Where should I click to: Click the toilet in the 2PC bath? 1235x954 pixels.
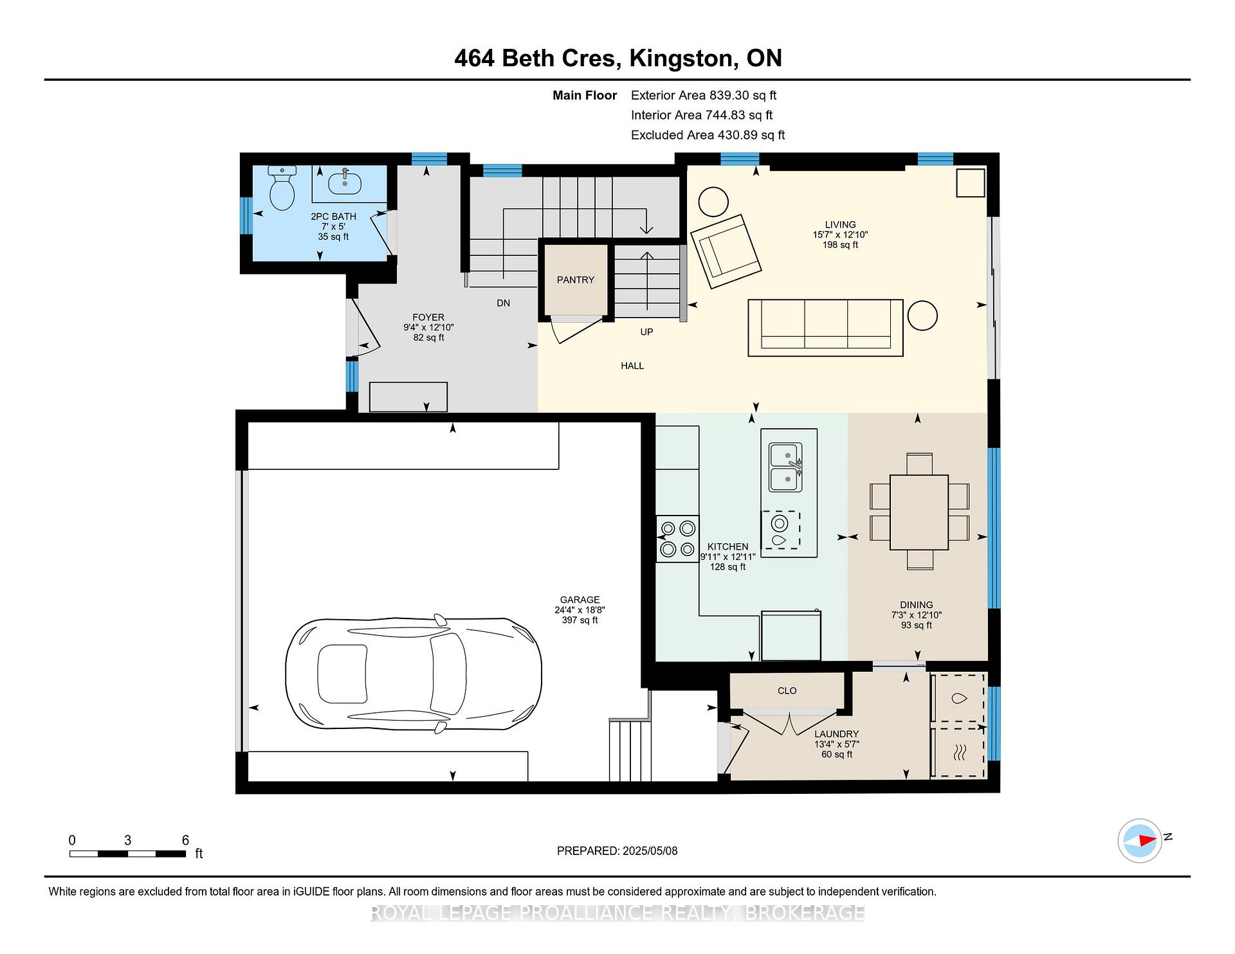[x=282, y=188]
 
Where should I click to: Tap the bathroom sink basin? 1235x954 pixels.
[x=345, y=183]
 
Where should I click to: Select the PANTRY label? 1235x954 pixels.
[x=576, y=280]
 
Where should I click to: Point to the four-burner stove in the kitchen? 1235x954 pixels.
[x=678, y=539]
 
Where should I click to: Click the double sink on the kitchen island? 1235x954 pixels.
[x=785, y=467]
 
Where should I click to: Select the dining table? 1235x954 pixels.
[x=919, y=512]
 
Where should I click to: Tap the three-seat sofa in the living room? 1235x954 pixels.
[x=826, y=327]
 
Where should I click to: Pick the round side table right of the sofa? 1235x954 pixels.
[x=922, y=316]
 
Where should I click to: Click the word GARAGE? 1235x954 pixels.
[x=580, y=600]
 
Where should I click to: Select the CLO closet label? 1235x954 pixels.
[x=787, y=690]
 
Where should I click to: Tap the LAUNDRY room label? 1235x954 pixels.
[x=837, y=734]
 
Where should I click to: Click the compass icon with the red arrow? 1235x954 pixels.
[x=1140, y=840]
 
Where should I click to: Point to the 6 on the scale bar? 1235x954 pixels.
[x=185, y=840]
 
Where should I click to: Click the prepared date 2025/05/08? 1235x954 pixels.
[x=650, y=851]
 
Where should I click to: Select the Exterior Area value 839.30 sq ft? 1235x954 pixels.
[x=743, y=95]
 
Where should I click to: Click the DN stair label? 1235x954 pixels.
[x=504, y=303]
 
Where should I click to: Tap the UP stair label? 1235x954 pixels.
[x=646, y=332]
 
